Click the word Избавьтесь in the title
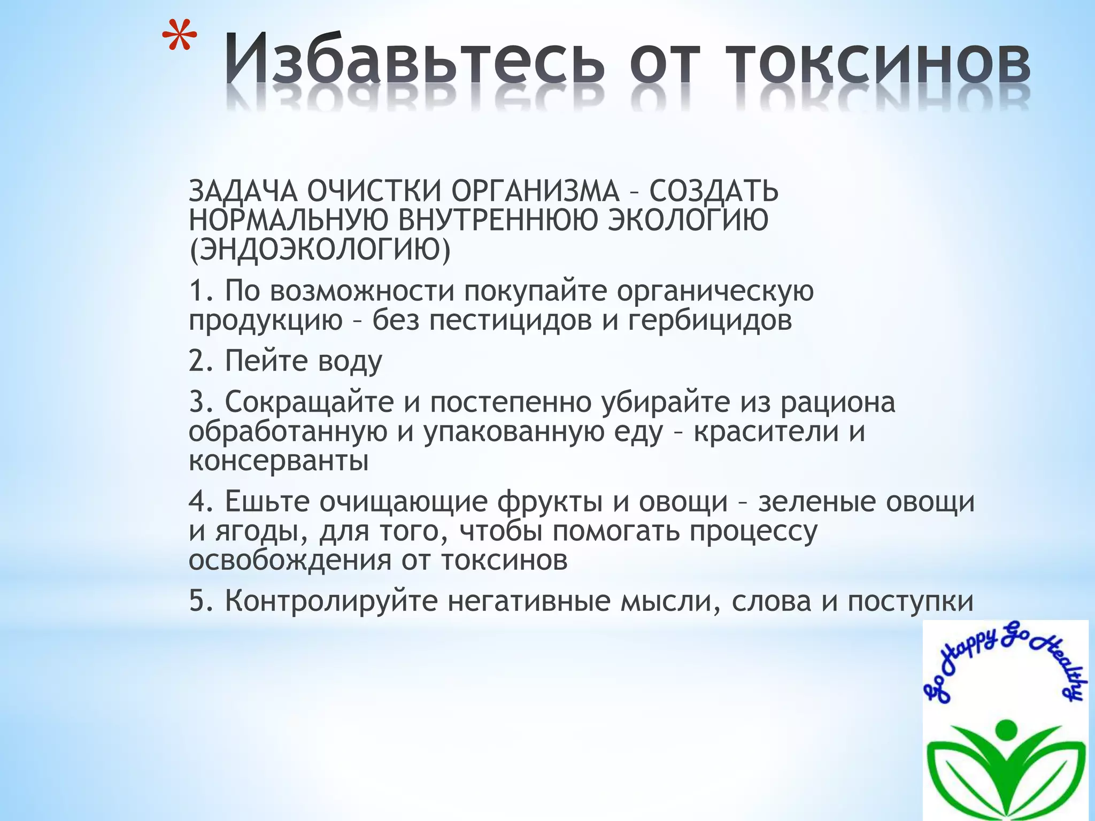point(414,60)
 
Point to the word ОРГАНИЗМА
point(535,191)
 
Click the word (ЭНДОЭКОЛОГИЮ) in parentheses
point(320,249)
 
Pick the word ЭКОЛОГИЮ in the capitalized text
point(689,220)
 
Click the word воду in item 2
point(350,361)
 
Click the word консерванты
point(279,461)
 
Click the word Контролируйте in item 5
point(331,601)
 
